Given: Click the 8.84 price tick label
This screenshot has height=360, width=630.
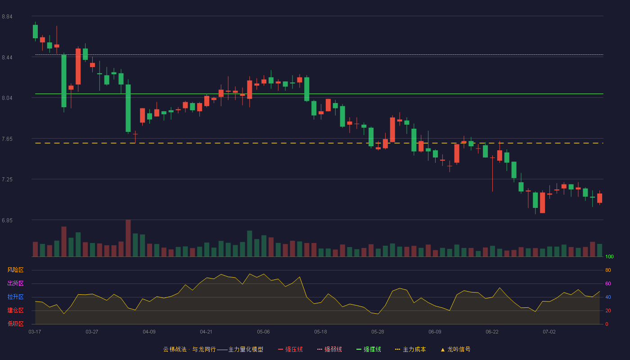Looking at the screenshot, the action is click(x=7, y=17).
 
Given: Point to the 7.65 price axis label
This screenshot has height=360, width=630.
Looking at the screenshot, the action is click(x=7, y=139).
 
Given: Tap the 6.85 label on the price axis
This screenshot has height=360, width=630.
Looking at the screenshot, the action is click(x=7, y=220).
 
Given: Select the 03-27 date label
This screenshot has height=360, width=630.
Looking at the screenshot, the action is click(x=92, y=332).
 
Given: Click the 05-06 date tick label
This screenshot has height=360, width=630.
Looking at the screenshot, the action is click(x=263, y=332).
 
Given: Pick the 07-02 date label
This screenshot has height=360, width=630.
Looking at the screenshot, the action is click(x=549, y=332).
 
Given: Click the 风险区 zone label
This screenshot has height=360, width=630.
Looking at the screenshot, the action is click(x=15, y=270).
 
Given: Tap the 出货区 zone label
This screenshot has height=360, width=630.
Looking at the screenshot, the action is click(x=15, y=283).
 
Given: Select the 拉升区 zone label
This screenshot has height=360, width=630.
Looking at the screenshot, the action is click(x=15, y=297).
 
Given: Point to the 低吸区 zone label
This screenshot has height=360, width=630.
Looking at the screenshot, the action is click(x=15, y=324).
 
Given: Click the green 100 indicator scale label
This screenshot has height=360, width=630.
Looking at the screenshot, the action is click(x=609, y=256).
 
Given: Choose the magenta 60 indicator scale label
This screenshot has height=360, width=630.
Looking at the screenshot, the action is click(x=608, y=283).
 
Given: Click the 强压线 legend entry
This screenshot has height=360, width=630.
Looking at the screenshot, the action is click(x=290, y=349).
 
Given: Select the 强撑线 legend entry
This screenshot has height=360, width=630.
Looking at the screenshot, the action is click(x=369, y=349).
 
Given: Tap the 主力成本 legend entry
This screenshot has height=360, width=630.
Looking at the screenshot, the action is click(x=410, y=349).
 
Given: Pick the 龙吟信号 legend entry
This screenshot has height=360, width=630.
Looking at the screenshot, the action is click(x=455, y=349).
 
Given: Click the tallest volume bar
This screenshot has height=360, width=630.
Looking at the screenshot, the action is click(x=128, y=238).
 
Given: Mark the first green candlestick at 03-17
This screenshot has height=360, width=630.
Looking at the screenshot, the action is click(x=35, y=31).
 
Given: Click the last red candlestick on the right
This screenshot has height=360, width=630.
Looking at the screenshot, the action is click(x=599, y=198).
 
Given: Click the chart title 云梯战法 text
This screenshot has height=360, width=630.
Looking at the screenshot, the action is click(x=175, y=349).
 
